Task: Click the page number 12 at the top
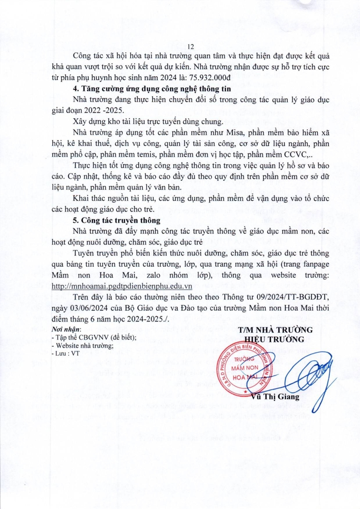point(191,47)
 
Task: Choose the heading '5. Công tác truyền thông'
point(117,220)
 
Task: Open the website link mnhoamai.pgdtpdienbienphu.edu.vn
point(117,286)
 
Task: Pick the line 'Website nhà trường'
point(82,346)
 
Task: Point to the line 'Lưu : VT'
point(63,354)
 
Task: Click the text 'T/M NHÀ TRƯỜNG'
point(275,330)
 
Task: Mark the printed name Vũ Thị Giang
point(275,397)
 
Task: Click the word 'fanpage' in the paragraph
point(315,264)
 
